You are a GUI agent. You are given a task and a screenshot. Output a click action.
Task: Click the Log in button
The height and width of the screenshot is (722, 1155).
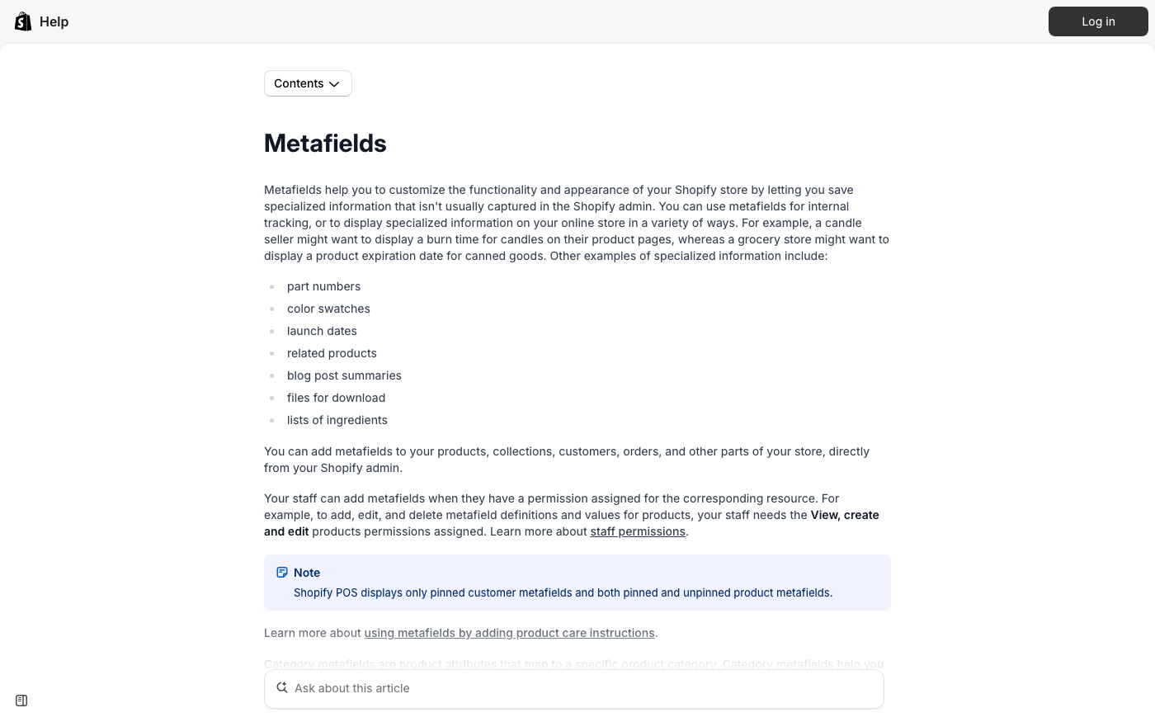(1097, 21)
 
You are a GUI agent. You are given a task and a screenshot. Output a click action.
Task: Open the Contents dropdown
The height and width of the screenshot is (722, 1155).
(308, 83)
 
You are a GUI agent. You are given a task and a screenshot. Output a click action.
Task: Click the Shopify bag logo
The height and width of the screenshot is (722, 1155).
(23, 21)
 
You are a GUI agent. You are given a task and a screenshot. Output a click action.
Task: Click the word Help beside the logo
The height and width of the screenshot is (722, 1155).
(54, 21)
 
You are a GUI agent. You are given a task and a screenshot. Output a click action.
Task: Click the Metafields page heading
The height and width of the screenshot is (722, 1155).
(325, 144)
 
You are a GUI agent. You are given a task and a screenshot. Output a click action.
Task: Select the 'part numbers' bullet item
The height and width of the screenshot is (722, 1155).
(323, 286)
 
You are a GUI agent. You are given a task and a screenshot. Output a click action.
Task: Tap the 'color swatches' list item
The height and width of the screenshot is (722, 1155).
(328, 309)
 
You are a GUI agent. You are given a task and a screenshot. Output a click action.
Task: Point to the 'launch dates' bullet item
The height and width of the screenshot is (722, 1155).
(322, 331)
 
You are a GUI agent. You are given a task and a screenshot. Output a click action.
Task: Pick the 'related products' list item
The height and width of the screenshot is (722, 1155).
(332, 353)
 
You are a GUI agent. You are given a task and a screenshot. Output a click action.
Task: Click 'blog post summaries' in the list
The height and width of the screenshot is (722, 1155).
(344, 375)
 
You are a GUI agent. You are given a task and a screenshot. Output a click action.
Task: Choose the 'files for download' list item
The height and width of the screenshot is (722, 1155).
(336, 398)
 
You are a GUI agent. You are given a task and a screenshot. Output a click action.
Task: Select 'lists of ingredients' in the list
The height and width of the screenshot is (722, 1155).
(337, 420)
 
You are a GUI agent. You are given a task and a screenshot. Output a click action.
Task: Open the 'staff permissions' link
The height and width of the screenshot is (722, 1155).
(638, 531)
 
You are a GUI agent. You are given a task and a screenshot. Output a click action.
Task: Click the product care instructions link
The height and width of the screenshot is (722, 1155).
(509, 633)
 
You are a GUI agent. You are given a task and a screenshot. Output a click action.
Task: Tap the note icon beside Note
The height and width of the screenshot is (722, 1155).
(282, 573)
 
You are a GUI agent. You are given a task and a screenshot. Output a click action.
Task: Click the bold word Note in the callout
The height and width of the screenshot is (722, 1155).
(307, 573)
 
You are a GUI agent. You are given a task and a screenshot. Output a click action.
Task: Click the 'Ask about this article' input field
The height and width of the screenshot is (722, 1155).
(577, 688)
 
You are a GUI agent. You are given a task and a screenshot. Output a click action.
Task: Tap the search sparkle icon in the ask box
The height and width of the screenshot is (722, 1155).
(282, 687)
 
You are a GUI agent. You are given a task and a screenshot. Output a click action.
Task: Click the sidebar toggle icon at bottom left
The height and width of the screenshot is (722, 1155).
(21, 701)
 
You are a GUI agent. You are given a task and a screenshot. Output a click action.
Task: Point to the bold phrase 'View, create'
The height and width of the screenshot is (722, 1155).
(845, 515)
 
